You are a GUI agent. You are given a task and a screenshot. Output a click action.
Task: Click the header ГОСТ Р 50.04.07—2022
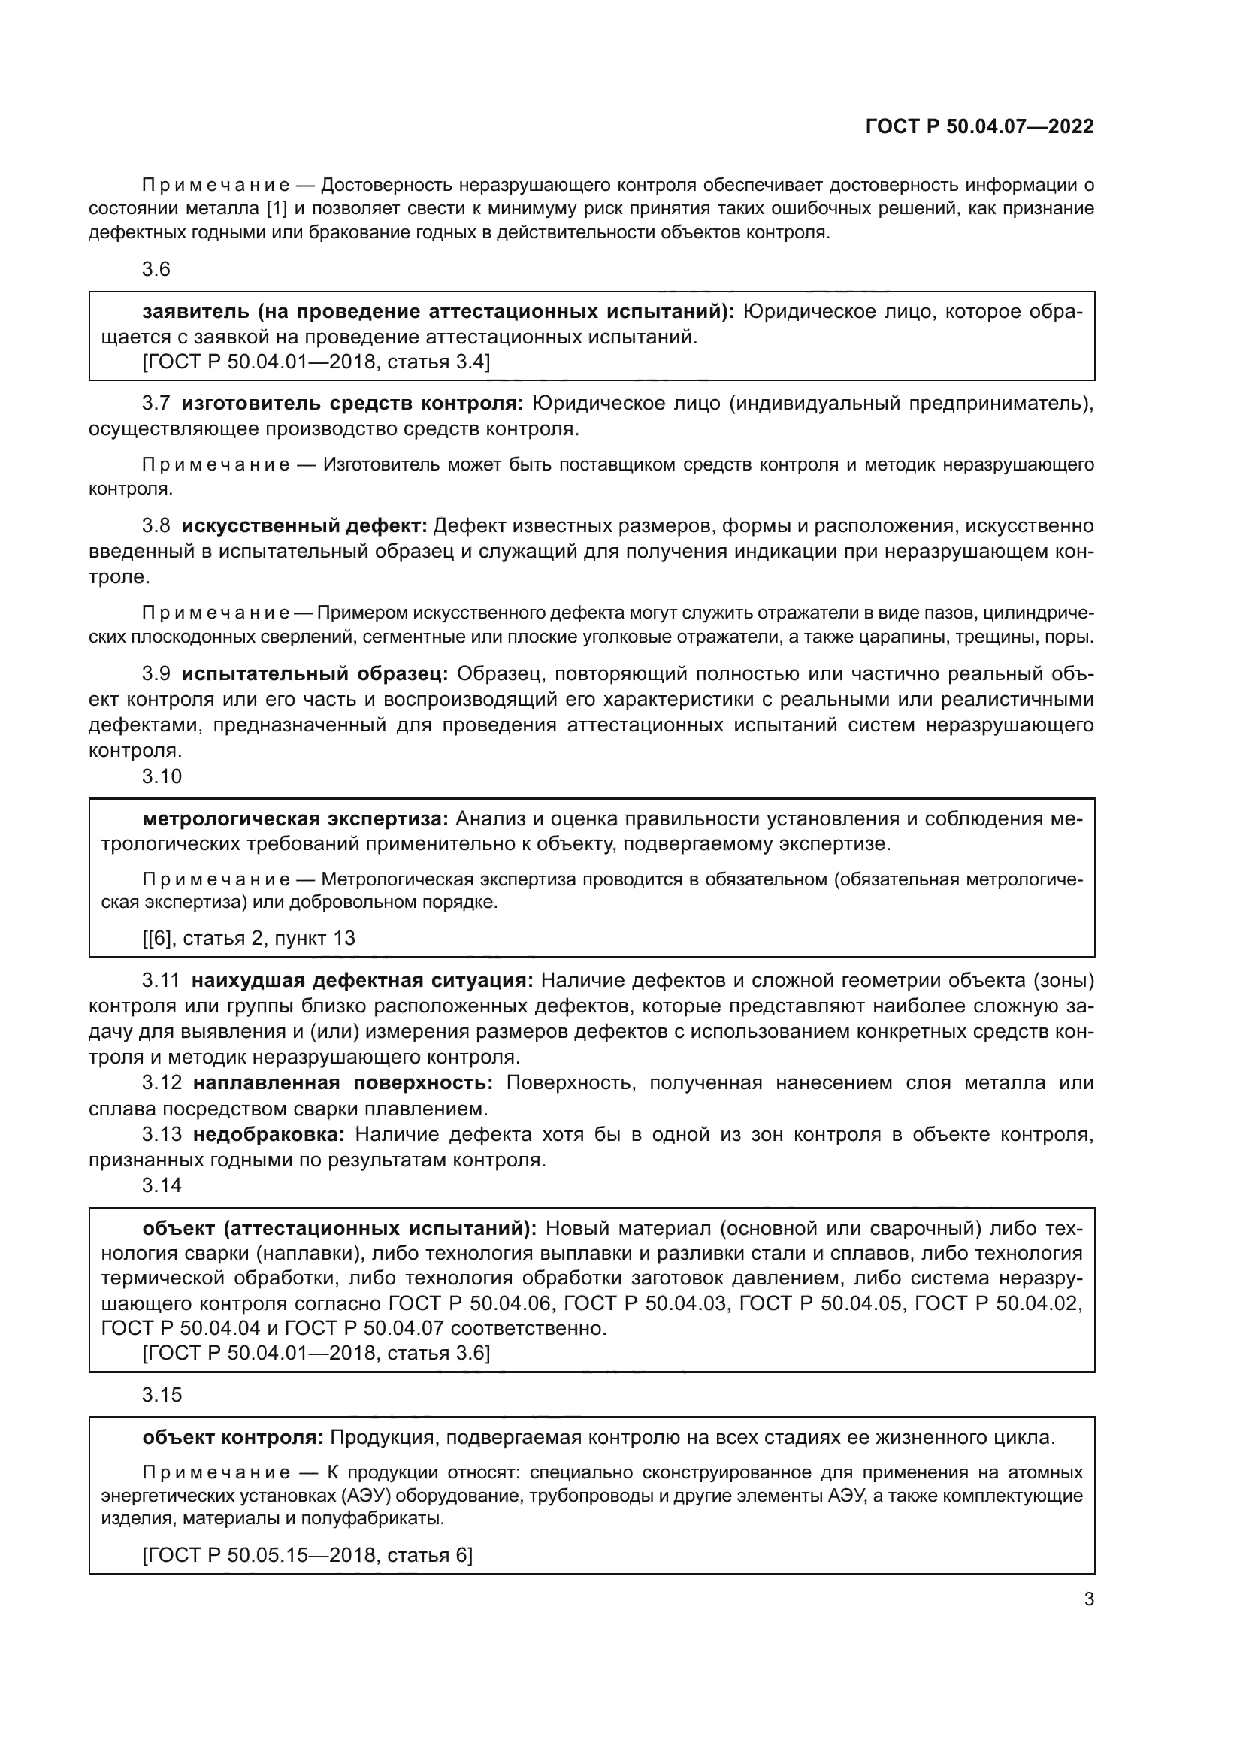tap(979, 126)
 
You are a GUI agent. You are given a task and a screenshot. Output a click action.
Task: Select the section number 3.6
tap(156, 270)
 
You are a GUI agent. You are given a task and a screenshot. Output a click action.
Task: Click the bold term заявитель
tap(196, 312)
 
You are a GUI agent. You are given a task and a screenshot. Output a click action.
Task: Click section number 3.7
tap(156, 404)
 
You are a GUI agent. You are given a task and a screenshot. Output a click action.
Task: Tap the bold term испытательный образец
tap(315, 673)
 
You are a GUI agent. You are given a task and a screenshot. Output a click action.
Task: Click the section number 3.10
tap(162, 776)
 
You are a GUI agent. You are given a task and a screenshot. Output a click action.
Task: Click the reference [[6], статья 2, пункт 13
tap(249, 938)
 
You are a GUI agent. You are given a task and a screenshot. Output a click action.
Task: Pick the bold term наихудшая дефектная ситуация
tap(362, 980)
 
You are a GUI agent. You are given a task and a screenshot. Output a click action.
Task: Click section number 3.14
tap(162, 1185)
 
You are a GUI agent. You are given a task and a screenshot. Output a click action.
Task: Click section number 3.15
tap(162, 1395)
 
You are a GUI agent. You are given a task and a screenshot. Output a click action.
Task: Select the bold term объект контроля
tap(234, 1437)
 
